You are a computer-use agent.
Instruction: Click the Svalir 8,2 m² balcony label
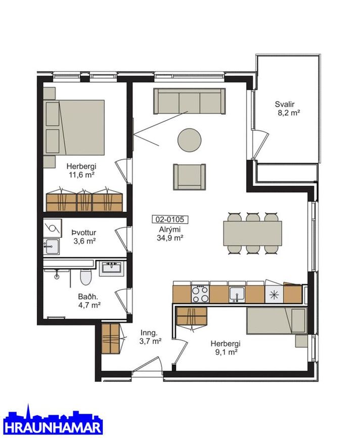tap(287, 109)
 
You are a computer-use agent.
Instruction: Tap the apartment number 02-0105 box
tap(170, 219)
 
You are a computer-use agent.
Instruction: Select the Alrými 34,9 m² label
tap(170, 233)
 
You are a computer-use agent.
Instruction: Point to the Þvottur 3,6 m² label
tap(84, 237)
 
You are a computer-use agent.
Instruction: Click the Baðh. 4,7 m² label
tap(89, 301)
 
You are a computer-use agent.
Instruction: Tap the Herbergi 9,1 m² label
tap(226, 348)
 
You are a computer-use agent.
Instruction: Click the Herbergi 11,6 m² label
tap(81, 170)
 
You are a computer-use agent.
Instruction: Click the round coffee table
tap(190, 140)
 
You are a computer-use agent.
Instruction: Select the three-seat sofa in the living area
tap(189, 101)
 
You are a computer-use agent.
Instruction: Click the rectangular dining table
tap(252, 233)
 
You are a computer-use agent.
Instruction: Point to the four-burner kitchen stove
tap(201, 294)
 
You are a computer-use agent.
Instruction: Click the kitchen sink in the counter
tap(237, 295)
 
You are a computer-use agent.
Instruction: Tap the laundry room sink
tap(52, 247)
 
